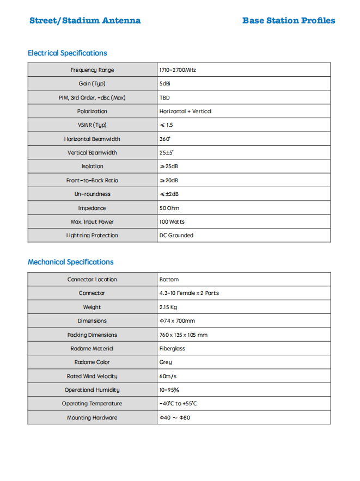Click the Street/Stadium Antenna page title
85,21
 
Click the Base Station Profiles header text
289,21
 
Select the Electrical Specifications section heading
67,53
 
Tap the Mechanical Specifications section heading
70,262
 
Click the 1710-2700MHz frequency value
178,70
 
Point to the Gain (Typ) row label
92,84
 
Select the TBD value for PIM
164,98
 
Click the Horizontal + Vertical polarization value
185,112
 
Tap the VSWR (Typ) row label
92,125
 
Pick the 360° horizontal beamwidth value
165,139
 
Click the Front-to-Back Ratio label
92,181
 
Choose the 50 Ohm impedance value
169,208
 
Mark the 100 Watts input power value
172,222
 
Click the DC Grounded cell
176,236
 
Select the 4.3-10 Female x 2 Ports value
189,293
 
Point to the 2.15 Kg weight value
168,307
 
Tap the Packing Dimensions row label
92,335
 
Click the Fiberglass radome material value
173,349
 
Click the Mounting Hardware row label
92,418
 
